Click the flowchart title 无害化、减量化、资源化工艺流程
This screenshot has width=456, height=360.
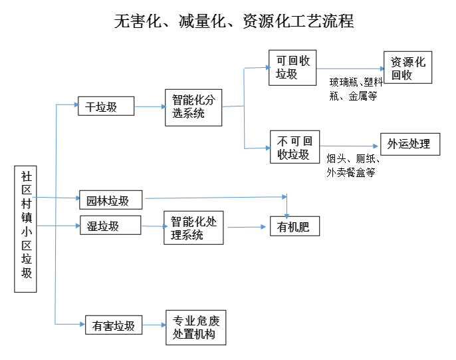coord(233,21)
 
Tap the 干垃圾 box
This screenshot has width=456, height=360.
coord(106,106)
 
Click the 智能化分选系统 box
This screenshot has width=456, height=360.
coord(193,106)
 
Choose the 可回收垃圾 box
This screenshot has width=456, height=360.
coord(292,68)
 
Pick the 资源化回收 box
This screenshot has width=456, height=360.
coord(407,68)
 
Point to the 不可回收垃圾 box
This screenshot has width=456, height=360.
coord(294,147)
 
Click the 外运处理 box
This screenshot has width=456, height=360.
coord(409,144)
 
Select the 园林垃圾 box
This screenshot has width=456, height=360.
coord(110,200)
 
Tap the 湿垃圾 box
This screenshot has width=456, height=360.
coord(110,226)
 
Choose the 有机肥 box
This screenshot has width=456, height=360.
coord(294,227)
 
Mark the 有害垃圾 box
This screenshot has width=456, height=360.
coord(113,325)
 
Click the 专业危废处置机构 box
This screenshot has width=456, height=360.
coord(195,327)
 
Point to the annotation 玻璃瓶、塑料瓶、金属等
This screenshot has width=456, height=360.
coord(356,89)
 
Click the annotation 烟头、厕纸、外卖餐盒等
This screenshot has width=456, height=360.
coord(352,165)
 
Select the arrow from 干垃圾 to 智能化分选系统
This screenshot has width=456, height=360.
coord(150,106)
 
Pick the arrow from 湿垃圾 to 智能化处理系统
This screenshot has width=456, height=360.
coord(152,226)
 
